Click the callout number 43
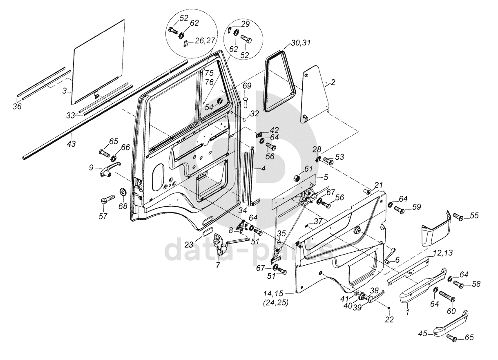click(x=71, y=144)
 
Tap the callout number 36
click(x=17, y=106)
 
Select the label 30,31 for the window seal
click(x=301, y=42)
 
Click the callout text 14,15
click(x=273, y=293)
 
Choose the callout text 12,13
click(x=442, y=253)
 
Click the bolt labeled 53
click(x=328, y=161)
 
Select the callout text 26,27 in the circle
click(x=205, y=40)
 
